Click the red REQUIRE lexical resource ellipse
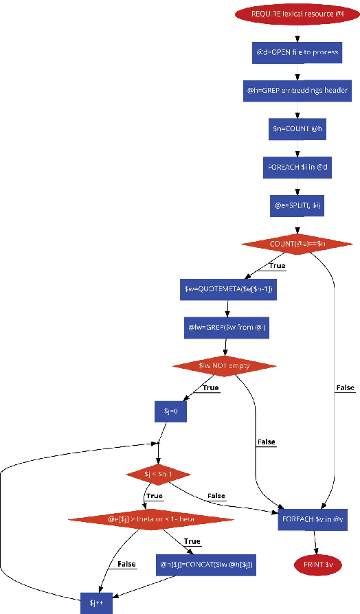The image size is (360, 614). tap(297, 14)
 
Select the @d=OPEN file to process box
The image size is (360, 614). tap(297, 52)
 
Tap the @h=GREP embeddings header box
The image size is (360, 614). tap(297, 90)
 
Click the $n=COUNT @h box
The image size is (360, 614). tap(297, 128)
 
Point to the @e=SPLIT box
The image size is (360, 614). tap(297, 205)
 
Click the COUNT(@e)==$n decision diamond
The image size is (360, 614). tap(297, 244)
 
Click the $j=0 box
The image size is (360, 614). tap(170, 411)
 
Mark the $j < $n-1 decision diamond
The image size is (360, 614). tap(158, 474)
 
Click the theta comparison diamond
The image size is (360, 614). tap(142, 519)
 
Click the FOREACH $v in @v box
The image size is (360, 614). tap(312, 519)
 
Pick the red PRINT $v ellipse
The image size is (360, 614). tap(318, 565)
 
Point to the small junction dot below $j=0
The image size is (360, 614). tap(158, 443)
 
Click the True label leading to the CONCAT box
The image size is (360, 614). tap(192, 541)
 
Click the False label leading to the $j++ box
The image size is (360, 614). tap(126, 564)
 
